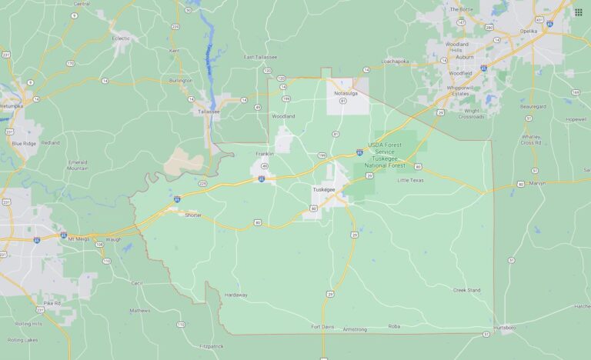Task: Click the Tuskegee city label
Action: pyautogui.click(x=323, y=188)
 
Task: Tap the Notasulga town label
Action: pyautogui.click(x=346, y=93)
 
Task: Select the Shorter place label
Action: pyautogui.click(x=192, y=215)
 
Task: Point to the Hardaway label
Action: pyautogui.click(x=235, y=295)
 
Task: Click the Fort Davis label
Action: pyautogui.click(x=322, y=326)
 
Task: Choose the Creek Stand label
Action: pyautogui.click(x=466, y=290)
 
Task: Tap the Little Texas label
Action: pyautogui.click(x=410, y=180)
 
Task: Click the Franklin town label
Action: pyautogui.click(x=265, y=154)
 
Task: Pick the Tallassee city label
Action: pyautogui.click(x=209, y=112)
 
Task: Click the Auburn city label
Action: pyautogui.click(x=463, y=57)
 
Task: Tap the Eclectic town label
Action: pyautogui.click(x=121, y=38)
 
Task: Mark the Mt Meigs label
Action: pyautogui.click(x=78, y=238)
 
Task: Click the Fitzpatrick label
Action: pyautogui.click(x=211, y=346)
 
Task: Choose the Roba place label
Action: pyautogui.click(x=394, y=326)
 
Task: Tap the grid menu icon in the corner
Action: pyautogui.click(x=578, y=12)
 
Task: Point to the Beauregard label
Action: pyautogui.click(x=533, y=106)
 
